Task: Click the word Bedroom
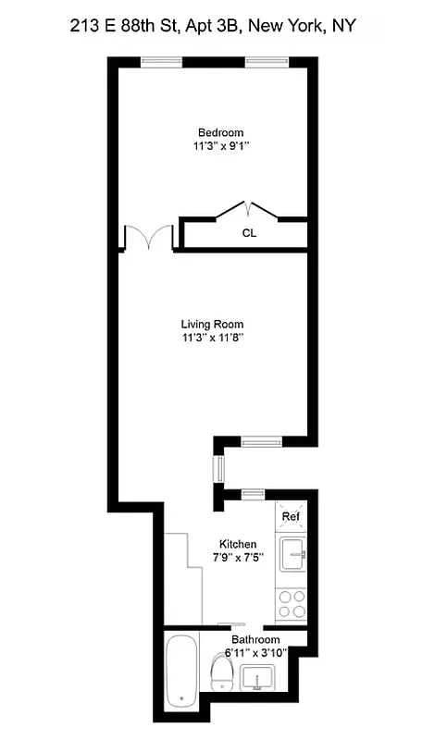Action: (220, 132)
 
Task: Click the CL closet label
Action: (249, 233)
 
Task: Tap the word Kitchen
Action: (238, 544)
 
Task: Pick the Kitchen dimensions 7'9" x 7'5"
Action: (238, 558)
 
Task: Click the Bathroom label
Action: (255, 639)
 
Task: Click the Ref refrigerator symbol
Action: (292, 515)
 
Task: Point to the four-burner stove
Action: (292, 603)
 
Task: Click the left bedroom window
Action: (161, 63)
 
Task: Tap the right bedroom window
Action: (267, 63)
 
